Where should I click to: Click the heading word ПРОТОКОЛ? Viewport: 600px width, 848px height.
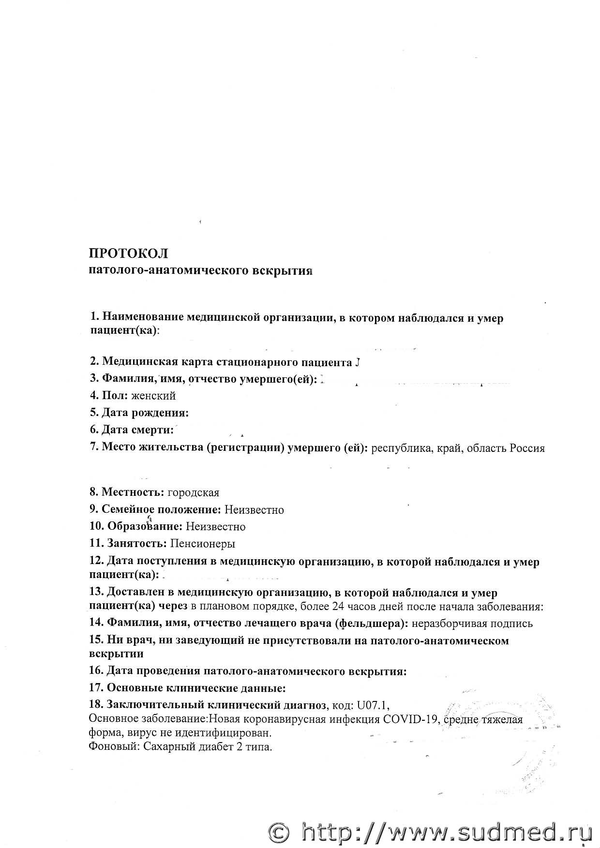pos(128,253)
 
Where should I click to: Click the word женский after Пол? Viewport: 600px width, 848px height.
pos(153,396)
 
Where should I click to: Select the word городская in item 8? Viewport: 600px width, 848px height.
pos(193,492)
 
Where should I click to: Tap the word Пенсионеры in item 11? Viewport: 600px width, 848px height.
pos(203,543)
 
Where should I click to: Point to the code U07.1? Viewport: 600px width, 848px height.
pos(373,705)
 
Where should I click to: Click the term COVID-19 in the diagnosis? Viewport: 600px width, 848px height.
pos(410,719)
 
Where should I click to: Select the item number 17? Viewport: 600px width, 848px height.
pos(96,687)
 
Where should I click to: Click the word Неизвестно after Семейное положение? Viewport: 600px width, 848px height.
pos(254,510)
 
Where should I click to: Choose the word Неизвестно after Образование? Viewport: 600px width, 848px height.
pos(216,526)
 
